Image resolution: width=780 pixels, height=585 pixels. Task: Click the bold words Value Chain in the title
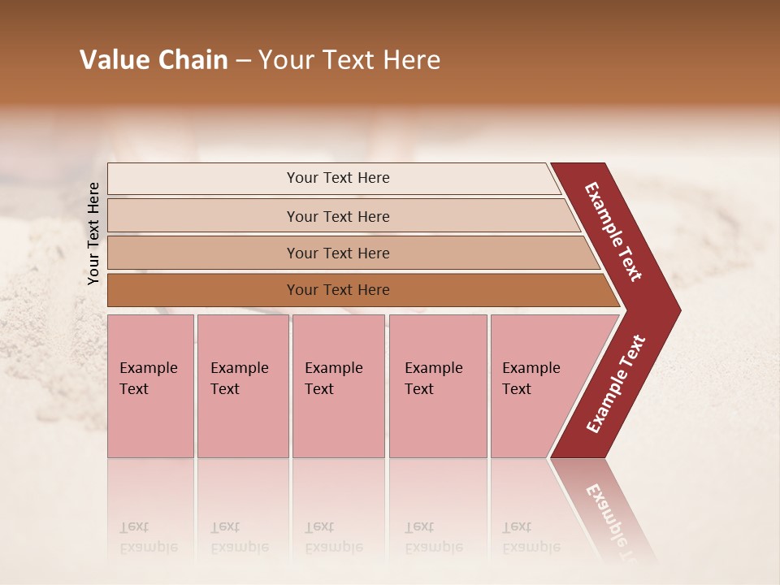(154, 60)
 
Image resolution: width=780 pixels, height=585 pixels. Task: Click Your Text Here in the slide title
(349, 60)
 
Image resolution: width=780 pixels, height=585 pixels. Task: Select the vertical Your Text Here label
(93, 233)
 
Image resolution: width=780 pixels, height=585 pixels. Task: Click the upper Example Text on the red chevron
(613, 232)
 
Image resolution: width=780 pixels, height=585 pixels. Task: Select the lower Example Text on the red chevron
(616, 384)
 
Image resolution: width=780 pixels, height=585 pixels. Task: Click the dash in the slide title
(243, 61)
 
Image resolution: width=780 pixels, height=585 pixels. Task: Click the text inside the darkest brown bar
(338, 290)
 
